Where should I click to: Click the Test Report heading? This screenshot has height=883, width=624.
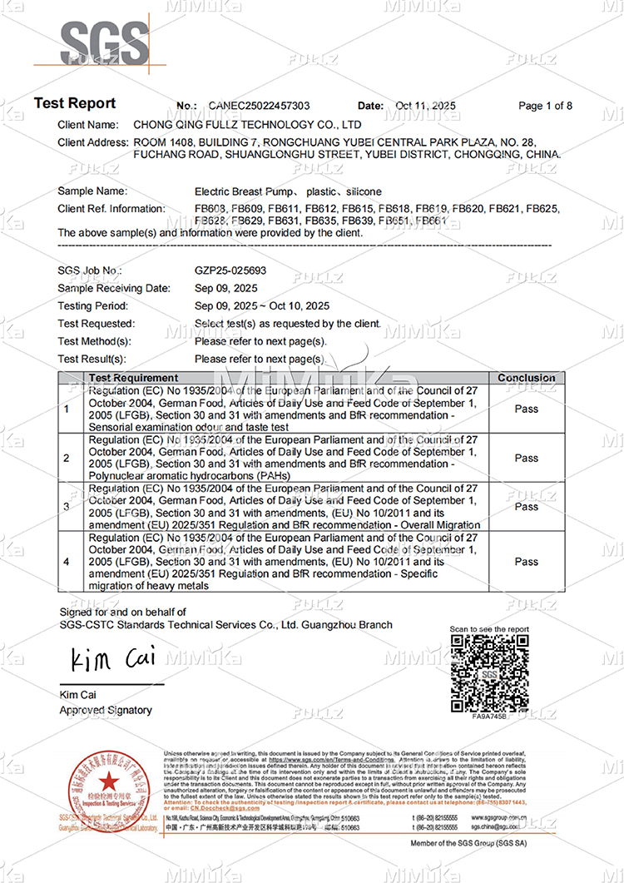click(75, 104)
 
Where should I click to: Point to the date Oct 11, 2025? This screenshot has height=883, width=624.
click(426, 107)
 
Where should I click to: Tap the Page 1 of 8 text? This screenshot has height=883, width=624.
click(545, 107)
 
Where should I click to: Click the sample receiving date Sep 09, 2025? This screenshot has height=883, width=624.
click(226, 288)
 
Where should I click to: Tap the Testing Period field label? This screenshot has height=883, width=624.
click(92, 306)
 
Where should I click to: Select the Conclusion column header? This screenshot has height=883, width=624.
click(526, 378)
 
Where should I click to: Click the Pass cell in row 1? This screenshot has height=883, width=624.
click(526, 409)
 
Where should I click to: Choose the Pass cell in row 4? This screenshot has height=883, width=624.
click(526, 562)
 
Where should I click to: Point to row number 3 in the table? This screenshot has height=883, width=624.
click(67, 506)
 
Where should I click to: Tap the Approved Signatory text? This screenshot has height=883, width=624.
click(106, 710)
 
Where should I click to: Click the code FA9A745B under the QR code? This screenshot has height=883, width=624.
click(488, 716)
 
